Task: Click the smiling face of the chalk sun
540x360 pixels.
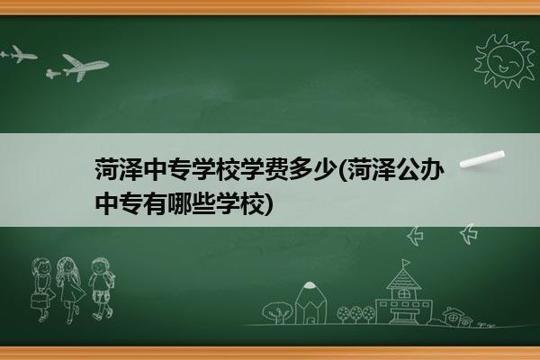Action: point(505,61)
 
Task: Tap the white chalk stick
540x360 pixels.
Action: point(482,158)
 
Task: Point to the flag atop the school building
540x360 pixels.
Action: point(407,263)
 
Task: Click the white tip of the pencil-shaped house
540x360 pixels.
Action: point(310,285)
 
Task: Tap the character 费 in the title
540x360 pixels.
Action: point(275,169)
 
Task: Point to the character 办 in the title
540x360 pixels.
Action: point(429,169)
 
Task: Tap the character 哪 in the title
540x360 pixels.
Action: point(179,204)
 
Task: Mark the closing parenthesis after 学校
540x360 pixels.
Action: point(268,204)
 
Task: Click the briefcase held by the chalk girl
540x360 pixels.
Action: point(39,301)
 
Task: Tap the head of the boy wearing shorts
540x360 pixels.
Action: point(100,266)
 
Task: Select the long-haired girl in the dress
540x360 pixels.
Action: point(69,290)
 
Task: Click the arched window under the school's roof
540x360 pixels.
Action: point(403,294)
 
